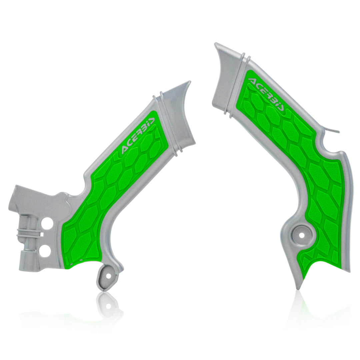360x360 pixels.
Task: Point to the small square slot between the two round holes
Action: pos(42,234)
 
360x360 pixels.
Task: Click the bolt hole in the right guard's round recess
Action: pos(302,235)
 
